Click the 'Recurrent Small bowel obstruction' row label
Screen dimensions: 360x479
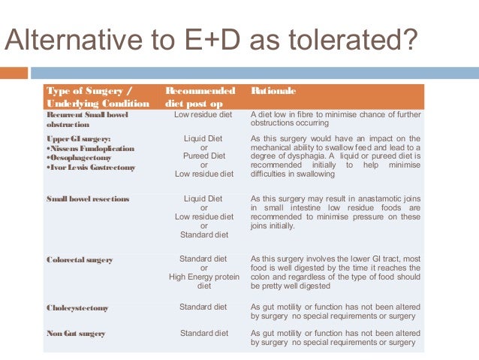click(x=87, y=119)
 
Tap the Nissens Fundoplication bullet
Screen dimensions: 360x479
click(x=91, y=149)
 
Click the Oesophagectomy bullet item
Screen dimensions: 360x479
click(x=80, y=158)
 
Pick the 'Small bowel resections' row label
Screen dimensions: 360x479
click(x=88, y=199)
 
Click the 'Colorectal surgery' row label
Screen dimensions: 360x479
click(x=80, y=260)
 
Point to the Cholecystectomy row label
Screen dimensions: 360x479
click(x=77, y=307)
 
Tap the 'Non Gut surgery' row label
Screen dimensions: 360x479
click(x=76, y=333)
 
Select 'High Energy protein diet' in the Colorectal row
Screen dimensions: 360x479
click(x=203, y=281)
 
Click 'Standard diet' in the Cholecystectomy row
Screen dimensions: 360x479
click(x=203, y=307)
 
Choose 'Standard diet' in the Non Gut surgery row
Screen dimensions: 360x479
click(x=203, y=333)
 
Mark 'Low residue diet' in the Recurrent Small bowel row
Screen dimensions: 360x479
click(x=203, y=114)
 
